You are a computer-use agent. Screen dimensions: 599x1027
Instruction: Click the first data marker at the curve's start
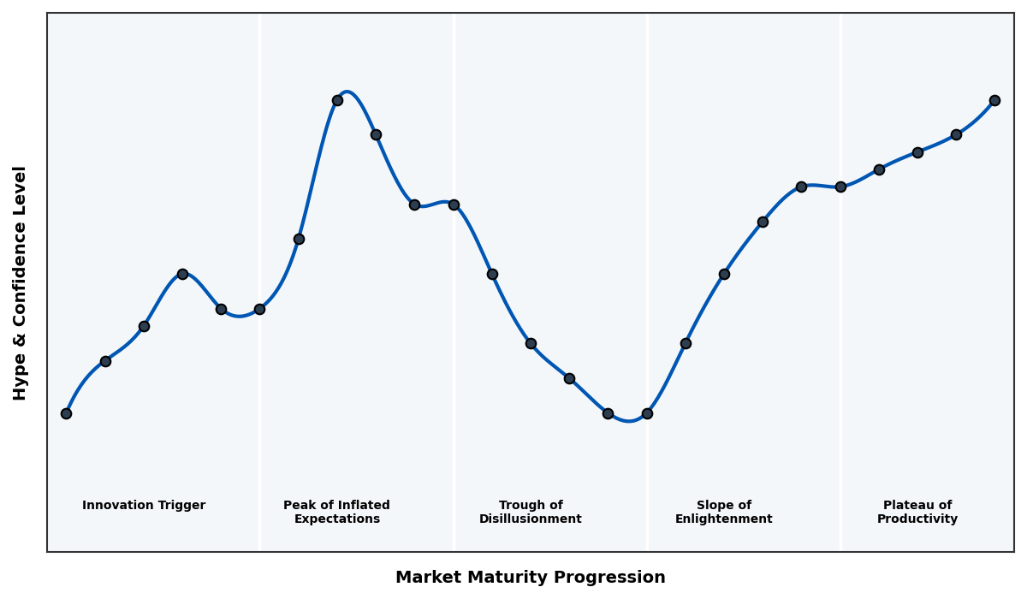click(66, 413)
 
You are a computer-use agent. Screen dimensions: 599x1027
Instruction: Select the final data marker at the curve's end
click(994, 100)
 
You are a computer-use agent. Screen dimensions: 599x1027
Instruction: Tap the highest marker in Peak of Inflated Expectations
click(337, 100)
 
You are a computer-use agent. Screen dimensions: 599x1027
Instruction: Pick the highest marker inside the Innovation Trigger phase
click(182, 274)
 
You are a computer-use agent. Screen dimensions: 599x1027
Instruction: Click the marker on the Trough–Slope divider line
click(647, 413)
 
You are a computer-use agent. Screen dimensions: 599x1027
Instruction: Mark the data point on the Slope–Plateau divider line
click(840, 187)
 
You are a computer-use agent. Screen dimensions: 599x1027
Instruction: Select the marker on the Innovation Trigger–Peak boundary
click(259, 309)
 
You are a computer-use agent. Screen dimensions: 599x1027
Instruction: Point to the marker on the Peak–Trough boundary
click(454, 205)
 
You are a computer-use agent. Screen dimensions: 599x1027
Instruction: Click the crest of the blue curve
click(346, 92)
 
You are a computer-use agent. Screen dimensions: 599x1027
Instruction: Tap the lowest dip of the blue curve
click(629, 421)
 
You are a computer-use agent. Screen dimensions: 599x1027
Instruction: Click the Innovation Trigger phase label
click(144, 506)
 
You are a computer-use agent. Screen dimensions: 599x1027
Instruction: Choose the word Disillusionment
click(531, 519)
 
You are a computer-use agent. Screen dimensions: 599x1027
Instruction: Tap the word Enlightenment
click(724, 519)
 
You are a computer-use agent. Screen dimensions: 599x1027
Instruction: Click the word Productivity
click(917, 519)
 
